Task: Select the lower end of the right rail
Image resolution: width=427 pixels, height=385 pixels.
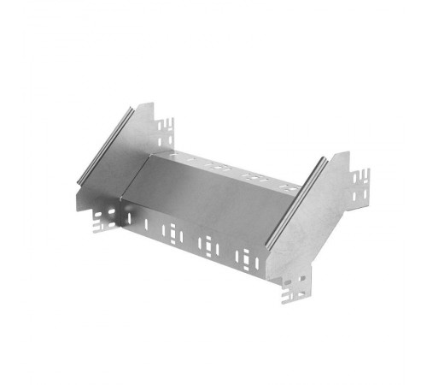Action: coord(266,248)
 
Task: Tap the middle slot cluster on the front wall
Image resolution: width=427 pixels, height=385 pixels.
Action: coord(208,246)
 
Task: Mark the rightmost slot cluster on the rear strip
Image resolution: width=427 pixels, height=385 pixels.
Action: coord(289,186)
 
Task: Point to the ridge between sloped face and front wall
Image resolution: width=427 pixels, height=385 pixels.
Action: coord(196,218)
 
